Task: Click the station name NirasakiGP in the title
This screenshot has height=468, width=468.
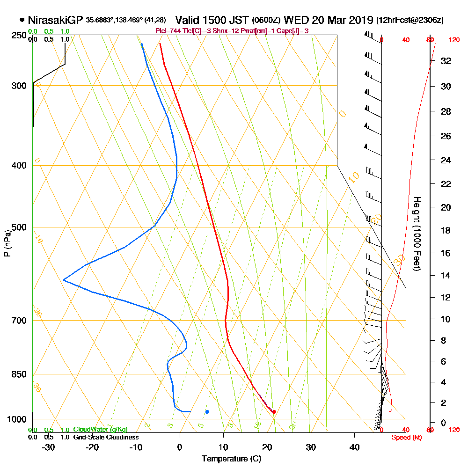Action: [56, 20]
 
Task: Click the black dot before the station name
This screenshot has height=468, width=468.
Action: [22, 20]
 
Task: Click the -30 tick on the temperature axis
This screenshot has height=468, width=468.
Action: [48, 447]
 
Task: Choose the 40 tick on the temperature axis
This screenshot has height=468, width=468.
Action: [355, 447]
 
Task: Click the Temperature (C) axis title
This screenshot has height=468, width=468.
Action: [231, 459]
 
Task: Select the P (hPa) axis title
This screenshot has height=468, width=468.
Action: [7, 243]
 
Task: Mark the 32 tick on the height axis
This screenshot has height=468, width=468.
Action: [446, 61]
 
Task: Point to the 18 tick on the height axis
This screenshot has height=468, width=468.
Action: [446, 230]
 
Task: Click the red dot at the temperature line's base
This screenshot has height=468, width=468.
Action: [274, 412]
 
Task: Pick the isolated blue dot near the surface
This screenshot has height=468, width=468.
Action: [207, 411]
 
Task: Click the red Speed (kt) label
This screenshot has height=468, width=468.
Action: [405, 437]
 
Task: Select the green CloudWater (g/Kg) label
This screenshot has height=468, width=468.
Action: [100, 430]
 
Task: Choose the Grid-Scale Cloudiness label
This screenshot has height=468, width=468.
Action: [106, 437]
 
